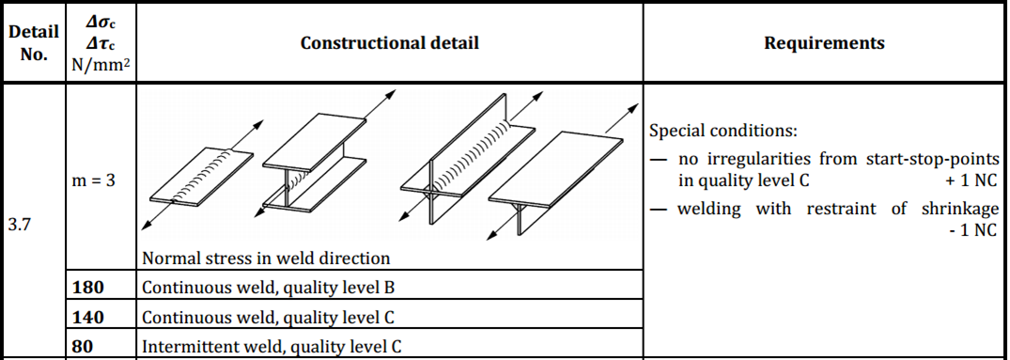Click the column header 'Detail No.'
33,42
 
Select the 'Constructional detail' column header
389,43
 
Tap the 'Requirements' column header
823,43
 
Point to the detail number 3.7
19,227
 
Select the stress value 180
87,287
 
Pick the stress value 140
87,317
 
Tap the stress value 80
83,346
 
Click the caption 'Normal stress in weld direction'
266,258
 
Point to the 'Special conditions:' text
723,131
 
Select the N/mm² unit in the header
99,66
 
